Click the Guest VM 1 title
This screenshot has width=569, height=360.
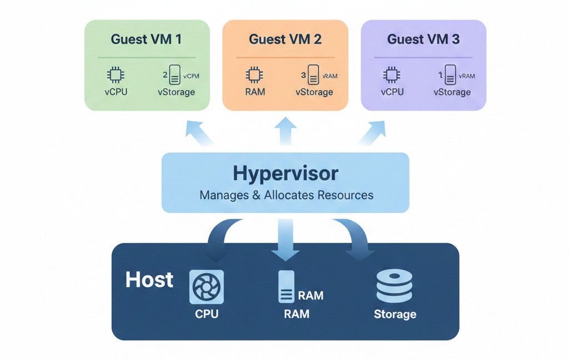[x=146, y=39]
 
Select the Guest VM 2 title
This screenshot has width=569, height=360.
[x=285, y=39]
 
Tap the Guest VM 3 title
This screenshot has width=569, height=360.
[x=423, y=39]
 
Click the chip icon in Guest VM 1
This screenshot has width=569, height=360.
[x=116, y=75]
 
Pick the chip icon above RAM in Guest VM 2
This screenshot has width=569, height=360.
[x=254, y=75]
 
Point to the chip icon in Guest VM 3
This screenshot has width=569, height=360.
[x=392, y=75]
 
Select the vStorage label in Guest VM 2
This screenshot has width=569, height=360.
[x=314, y=92]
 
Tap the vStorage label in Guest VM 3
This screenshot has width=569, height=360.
[x=452, y=92]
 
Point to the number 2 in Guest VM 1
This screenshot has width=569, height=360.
[x=165, y=74]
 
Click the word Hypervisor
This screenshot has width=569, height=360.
[x=285, y=173]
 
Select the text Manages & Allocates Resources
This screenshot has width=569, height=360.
[x=286, y=195]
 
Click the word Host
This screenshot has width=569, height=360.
[x=149, y=279]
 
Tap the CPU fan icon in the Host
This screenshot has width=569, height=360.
[x=206, y=287]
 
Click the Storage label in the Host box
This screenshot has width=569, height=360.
[x=395, y=314]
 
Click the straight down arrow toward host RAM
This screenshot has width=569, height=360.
[x=286, y=242]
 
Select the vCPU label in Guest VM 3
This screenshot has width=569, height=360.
[x=392, y=92]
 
